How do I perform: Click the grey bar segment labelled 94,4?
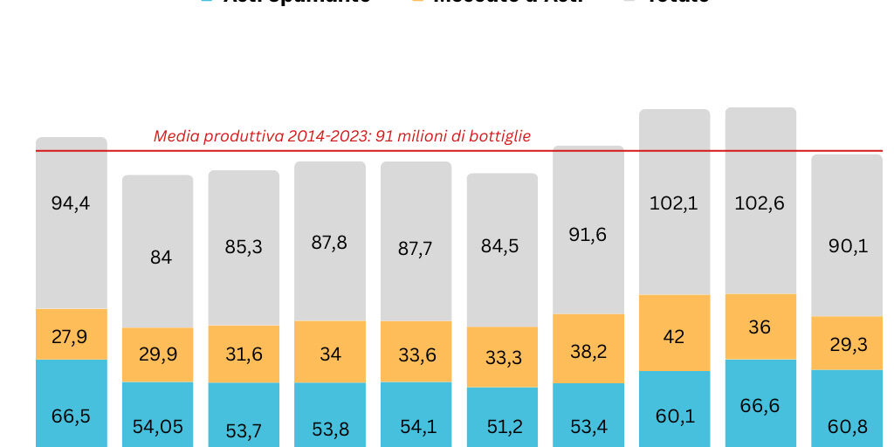click(x=72, y=223)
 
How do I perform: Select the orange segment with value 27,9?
click(x=72, y=334)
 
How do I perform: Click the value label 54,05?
click(x=157, y=427)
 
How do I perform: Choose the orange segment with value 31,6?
click(x=244, y=354)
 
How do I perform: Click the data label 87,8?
click(x=329, y=243)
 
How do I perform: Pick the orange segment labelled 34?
click(x=329, y=352)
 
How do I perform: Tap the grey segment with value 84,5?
click(x=502, y=250)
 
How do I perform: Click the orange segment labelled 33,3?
click(x=502, y=357)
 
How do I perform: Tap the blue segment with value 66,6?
click(x=760, y=403)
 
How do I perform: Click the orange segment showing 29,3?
click(x=846, y=343)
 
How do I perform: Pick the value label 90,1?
click(x=846, y=247)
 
